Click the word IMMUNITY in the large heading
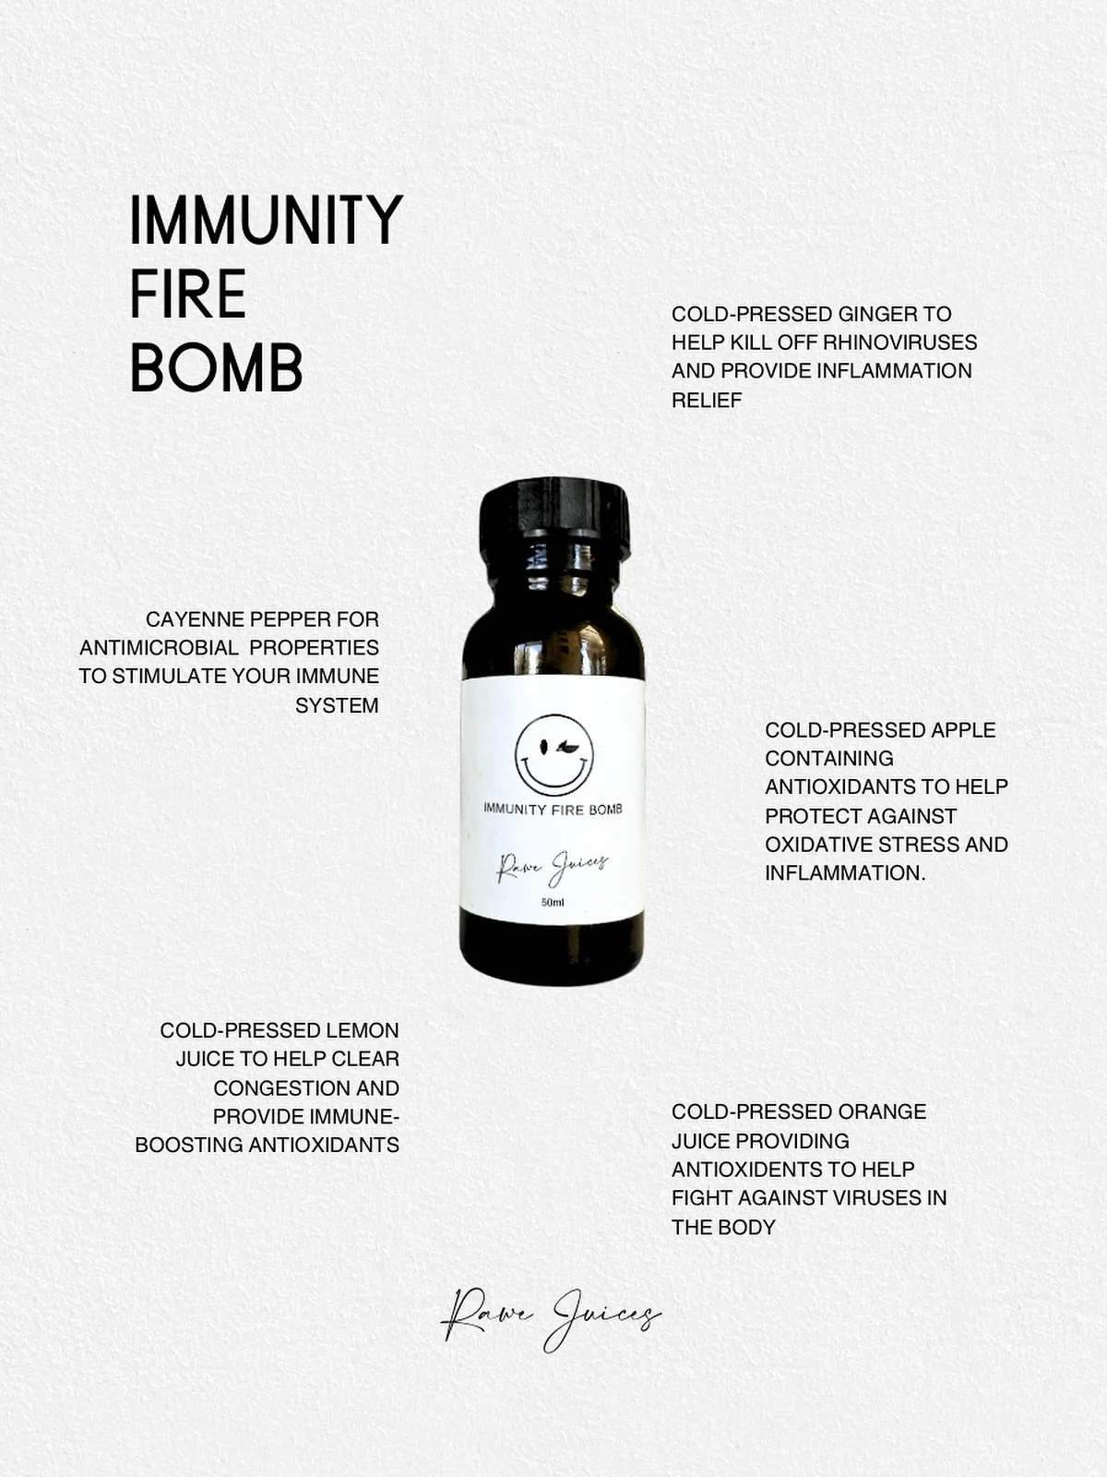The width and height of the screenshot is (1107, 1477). pos(266,221)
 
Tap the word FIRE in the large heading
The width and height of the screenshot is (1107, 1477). pos(188,294)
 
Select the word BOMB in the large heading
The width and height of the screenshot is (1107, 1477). pos(216,368)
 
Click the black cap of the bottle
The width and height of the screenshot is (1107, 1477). pos(554,517)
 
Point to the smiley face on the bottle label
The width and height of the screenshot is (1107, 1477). pos(553,754)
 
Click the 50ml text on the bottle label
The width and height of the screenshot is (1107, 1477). pos(553,902)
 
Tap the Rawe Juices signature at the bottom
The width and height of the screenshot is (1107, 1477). pos(551,1318)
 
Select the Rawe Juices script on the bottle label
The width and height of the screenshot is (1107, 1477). pos(553,866)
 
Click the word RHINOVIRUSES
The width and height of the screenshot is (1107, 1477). pos(899,342)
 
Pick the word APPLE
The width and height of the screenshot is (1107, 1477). pos(963,729)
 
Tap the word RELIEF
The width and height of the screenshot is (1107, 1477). pos(707,400)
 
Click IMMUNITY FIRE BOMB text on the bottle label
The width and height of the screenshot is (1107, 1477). pos(553,809)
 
